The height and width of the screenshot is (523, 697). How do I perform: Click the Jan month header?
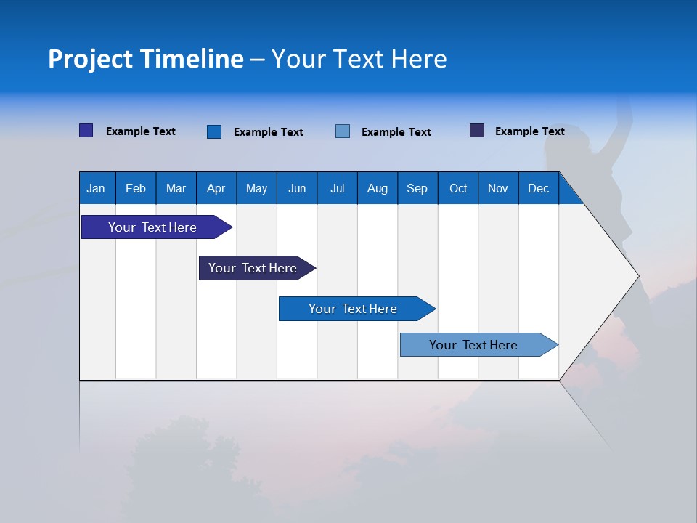[x=96, y=188]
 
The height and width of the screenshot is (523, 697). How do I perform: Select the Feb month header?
[x=136, y=188]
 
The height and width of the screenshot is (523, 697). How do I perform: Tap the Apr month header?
[x=216, y=188]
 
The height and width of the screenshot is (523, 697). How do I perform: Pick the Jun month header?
[x=297, y=188]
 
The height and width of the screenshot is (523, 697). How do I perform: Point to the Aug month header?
[x=378, y=188]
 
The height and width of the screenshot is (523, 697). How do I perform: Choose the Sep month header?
[x=417, y=188]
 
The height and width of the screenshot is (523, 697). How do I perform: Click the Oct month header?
[x=458, y=188]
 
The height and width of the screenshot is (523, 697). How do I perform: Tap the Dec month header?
[x=539, y=188]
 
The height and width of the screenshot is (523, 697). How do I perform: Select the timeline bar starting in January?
[x=153, y=227]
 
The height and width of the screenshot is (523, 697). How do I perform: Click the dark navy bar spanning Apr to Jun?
[x=253, y=268]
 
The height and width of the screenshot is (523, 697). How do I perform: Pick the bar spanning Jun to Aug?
[x=353, y=309]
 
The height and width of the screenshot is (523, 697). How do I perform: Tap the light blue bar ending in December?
[x=474, y=345]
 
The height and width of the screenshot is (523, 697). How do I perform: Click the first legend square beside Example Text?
[x=86, y=131]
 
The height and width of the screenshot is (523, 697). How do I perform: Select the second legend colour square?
[x=214, y=131]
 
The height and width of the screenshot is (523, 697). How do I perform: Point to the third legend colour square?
[x=343, y=131]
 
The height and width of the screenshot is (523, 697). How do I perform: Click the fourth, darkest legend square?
[x=477, y=131]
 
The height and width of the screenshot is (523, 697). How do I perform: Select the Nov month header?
[x=498, y=188]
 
